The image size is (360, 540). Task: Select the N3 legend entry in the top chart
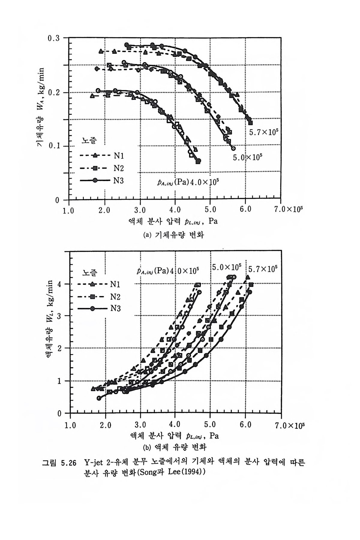[x=118, y=180]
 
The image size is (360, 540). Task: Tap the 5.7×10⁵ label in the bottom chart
[x=263, y=269]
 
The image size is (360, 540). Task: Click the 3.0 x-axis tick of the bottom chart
[x=140, y=425]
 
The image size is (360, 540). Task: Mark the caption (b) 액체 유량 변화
[x=175, y=448]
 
